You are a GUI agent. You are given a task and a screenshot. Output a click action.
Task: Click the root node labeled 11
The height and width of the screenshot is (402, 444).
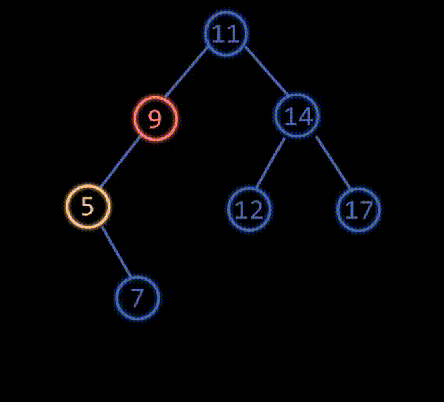tap(226, 33)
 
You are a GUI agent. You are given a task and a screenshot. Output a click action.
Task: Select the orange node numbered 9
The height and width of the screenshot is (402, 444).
tap(155, 119)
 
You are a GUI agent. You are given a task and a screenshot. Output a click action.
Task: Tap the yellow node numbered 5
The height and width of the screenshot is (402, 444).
tap(88, 206)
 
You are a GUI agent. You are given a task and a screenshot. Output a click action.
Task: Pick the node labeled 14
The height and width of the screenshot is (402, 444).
tap(298, 117)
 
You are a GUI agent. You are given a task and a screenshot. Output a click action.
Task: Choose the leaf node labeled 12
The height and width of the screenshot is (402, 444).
tap(249, 209)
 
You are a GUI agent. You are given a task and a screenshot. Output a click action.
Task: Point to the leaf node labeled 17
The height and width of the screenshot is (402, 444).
tap(358, 209)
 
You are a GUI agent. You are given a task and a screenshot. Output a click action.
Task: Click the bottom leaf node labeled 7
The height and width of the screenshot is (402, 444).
tap(137, 297)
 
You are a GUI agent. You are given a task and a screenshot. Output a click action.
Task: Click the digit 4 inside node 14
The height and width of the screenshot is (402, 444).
tap(305, 117)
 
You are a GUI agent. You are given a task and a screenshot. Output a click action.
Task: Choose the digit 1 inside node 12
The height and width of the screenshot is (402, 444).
tap(241, 210)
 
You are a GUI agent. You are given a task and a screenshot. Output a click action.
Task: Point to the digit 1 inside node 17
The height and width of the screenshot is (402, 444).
tap(350, 210)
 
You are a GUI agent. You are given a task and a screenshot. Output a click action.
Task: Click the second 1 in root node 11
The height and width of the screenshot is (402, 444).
tap(233, 33)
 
